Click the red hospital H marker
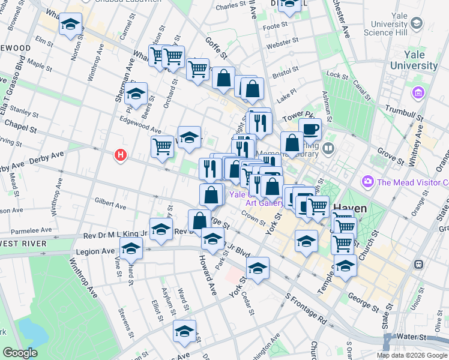click(121, 155)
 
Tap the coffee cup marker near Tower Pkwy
click(310, 129)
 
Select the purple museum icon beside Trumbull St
click(418, 93)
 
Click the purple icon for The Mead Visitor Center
click(367, 181)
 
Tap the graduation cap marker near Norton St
click(71, 25)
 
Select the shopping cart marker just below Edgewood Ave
click(163, 146)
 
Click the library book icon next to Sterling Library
click(328, 148)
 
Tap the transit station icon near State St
click(418, 264)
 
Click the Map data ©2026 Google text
click(412, 355)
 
